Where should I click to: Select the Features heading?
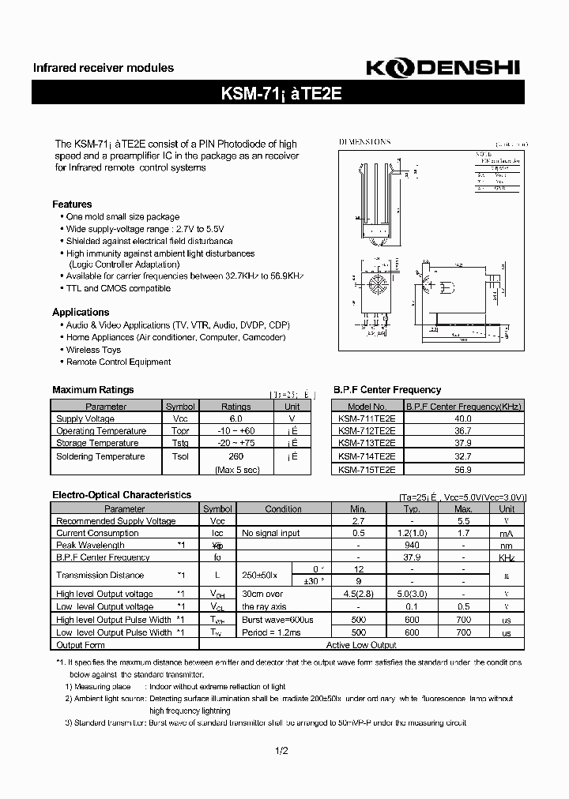point(72,204)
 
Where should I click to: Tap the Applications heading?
point(81,312)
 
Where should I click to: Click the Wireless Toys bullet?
point(93,349)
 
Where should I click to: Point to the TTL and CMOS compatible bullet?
point(118,288)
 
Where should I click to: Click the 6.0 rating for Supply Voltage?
point(236,418)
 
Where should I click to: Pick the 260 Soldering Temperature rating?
point(236,456)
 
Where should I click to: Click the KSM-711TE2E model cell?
point(367,418)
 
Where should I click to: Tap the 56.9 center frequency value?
point(463,469)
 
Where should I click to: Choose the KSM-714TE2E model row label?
point(367,456)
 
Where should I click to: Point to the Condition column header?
point(283,509)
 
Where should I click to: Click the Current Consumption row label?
point(97,533)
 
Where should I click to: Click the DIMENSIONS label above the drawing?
point(365,142)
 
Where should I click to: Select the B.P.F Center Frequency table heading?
point(387,390)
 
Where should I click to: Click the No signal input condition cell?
point(271,533)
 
